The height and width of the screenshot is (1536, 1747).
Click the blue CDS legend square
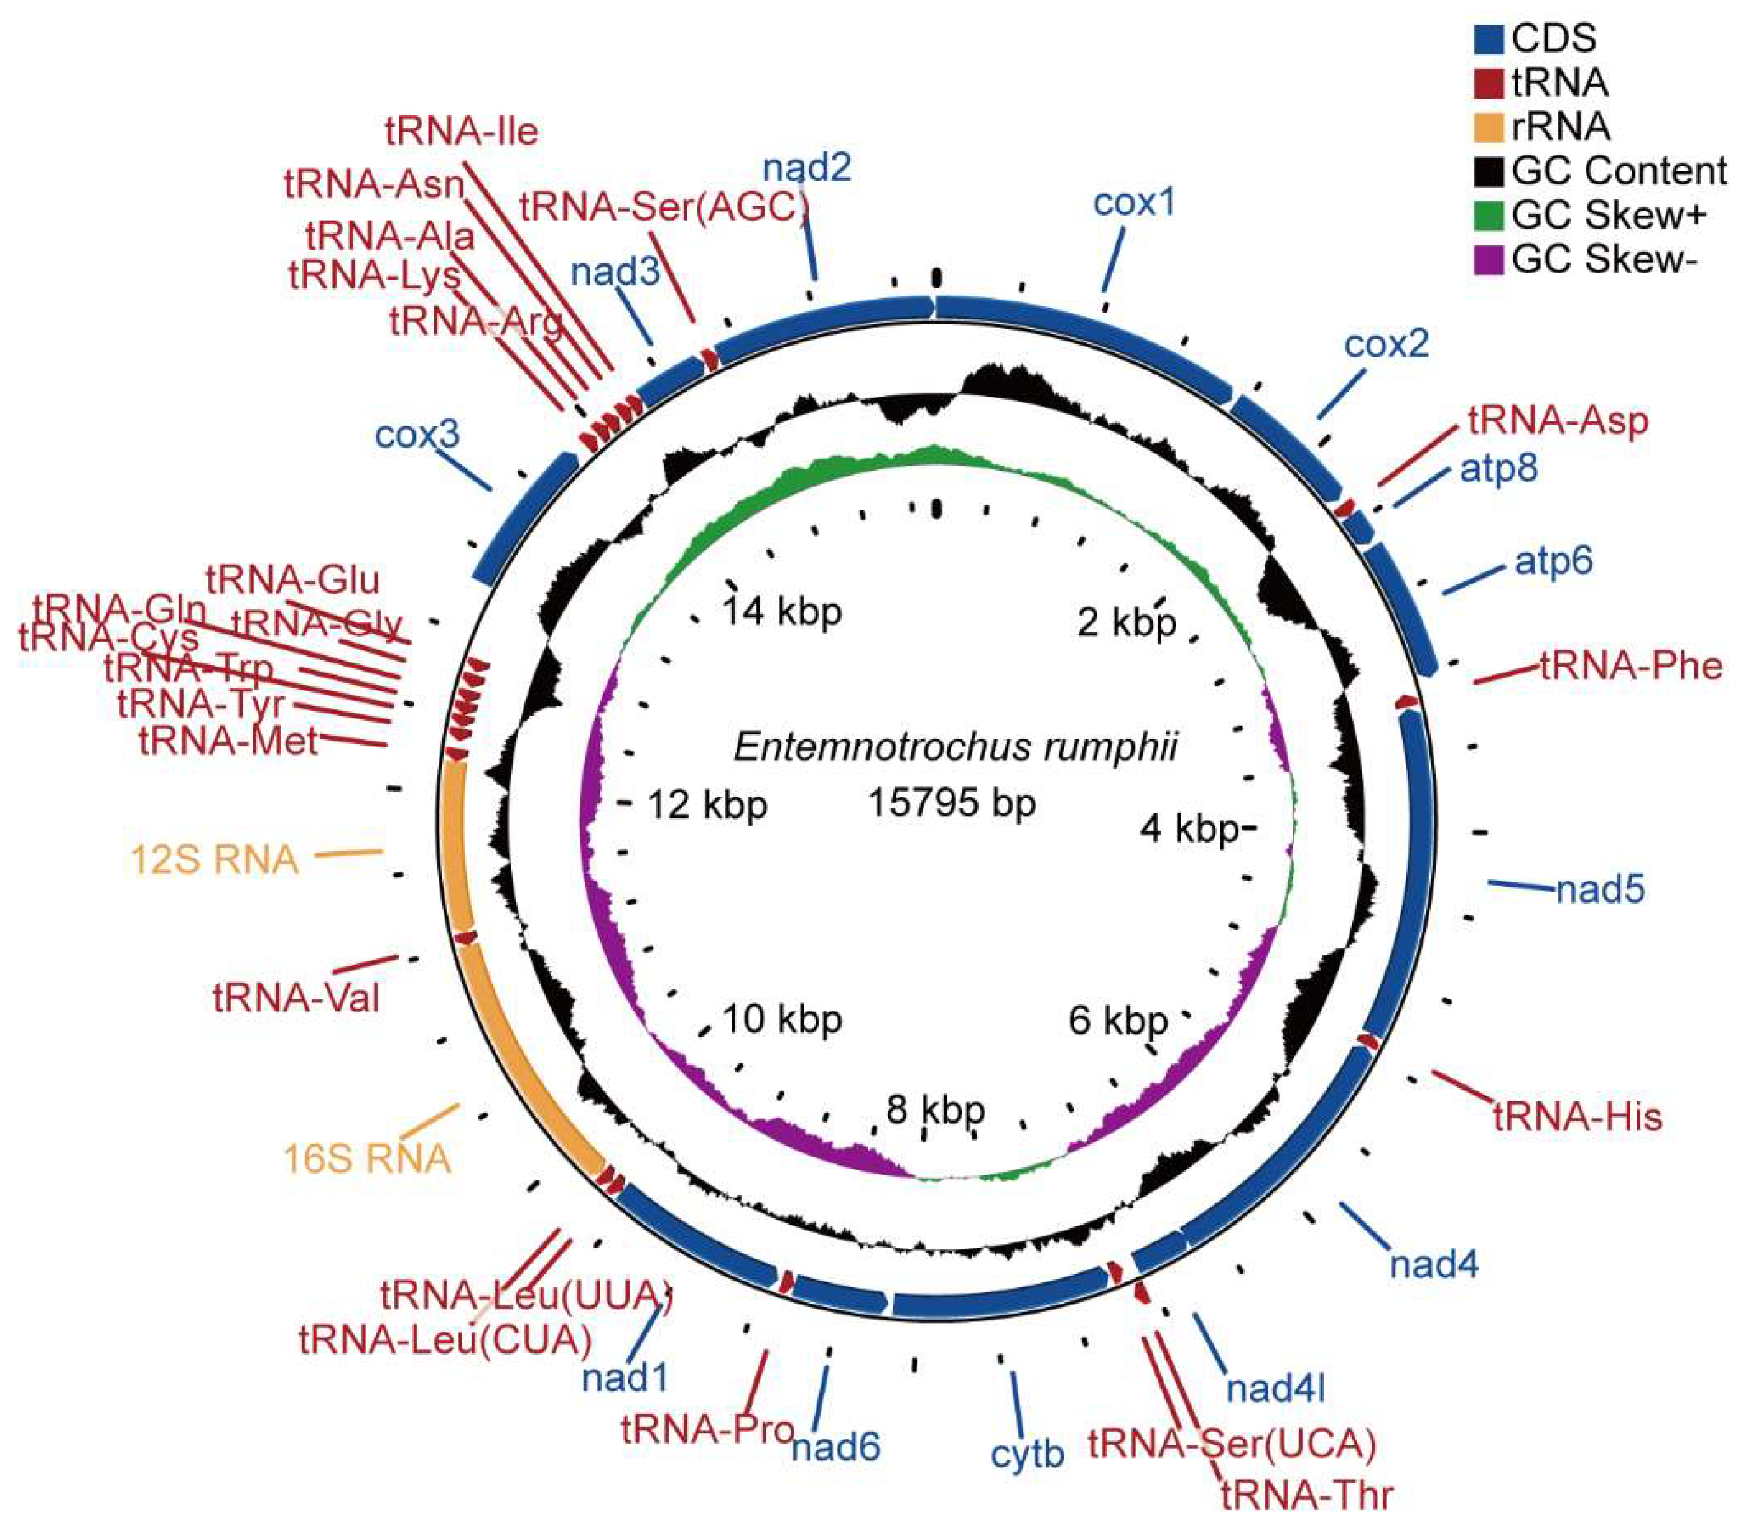tap(1489, 39)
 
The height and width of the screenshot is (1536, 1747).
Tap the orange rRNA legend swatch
tap(1489, 127)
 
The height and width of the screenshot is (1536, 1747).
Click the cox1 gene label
tap(1134, 203)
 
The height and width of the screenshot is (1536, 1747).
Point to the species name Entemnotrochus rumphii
tap(954, 748)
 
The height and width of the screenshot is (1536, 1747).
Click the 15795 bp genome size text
tap(952, 803)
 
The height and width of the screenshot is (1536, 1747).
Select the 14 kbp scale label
tap(782, 612)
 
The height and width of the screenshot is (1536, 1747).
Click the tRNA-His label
tap(1577, 1117)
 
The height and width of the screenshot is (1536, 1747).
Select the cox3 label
tap(417, 435)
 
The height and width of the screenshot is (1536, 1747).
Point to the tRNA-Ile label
tap(462, 132)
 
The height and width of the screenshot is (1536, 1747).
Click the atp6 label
tap(1554, 562)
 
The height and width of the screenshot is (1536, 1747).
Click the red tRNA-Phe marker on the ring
tap(1406, 702)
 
